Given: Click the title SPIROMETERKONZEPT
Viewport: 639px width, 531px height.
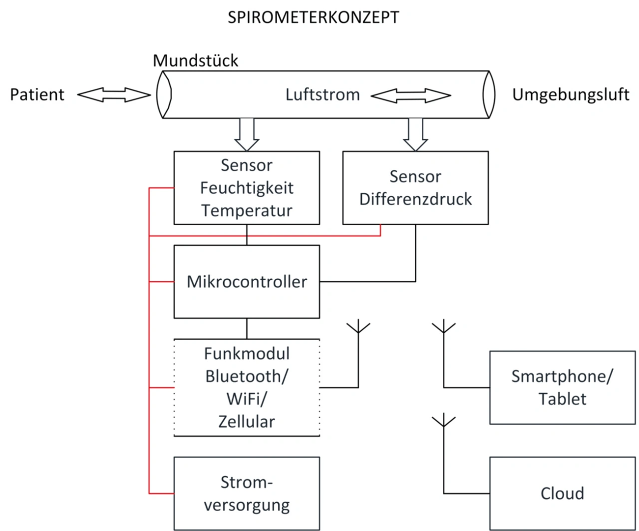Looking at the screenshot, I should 313,17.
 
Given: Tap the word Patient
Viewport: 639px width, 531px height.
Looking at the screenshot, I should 37,94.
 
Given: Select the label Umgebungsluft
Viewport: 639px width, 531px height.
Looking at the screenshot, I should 571,94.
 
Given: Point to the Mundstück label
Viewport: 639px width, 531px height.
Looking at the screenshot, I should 195,60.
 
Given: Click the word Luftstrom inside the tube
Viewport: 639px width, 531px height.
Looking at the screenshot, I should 322,94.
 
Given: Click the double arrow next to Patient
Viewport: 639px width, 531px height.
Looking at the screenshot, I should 114,94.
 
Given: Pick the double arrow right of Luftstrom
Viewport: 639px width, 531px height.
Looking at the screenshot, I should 410,95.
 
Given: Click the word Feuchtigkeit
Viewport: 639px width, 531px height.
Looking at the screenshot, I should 247,188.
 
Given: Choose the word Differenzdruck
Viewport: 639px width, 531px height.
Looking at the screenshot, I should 415,199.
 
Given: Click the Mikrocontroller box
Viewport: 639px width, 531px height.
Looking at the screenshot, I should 247,282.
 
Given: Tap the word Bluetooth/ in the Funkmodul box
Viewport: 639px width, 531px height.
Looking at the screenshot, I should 247,376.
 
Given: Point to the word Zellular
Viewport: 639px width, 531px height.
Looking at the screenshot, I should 247,422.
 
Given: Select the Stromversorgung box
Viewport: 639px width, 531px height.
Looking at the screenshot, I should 247,494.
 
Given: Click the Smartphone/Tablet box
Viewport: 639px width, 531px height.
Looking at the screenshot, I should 562,388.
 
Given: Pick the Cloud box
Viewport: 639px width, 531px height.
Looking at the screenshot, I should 562,494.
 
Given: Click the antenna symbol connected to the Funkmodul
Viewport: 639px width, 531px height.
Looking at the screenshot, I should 358,329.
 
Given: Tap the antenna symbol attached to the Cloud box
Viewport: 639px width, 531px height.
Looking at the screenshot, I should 444,422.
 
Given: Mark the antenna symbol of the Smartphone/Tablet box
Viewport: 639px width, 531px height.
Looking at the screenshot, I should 444,329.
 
